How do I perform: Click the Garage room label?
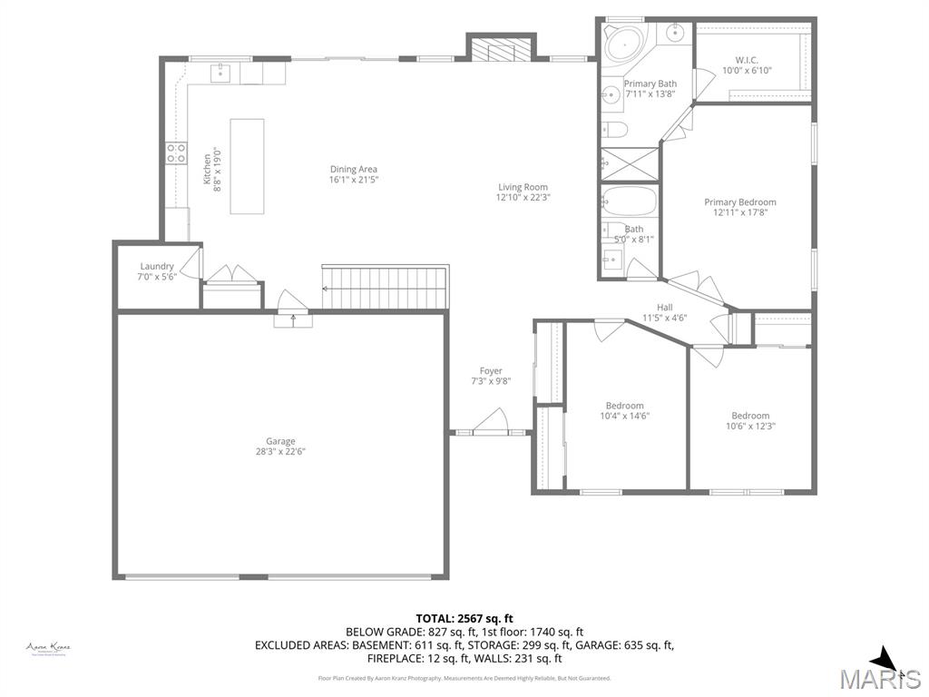280,441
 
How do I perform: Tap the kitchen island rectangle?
247,166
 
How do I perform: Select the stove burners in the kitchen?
176,152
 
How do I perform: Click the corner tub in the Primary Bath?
623,44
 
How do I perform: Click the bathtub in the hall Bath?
629,200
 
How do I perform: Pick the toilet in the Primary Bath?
615,130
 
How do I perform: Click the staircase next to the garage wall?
386,286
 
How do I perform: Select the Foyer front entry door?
491,425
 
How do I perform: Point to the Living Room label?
523,187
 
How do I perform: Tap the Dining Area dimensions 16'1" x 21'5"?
353,180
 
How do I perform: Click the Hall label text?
664,308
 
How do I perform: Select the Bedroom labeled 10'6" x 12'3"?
750,421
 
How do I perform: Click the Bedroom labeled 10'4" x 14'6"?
625,410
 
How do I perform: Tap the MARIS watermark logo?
880,672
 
